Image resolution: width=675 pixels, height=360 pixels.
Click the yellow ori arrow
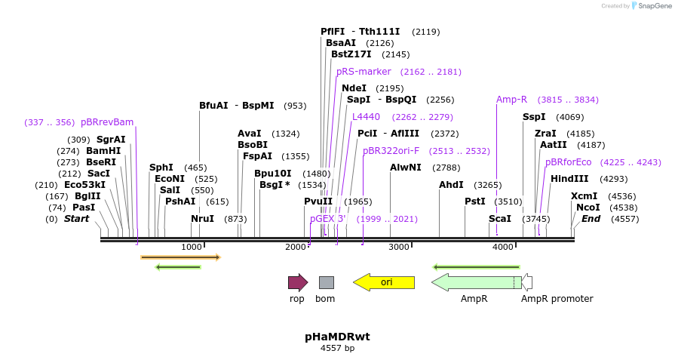[x=384, y=282]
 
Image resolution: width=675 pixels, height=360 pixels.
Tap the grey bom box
[x=326, y=282]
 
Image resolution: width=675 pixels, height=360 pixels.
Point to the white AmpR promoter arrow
[x=527, y=282]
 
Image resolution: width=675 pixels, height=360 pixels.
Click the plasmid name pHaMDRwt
[x=337, y=337]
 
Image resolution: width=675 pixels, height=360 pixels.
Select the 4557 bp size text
[x=337, y=348]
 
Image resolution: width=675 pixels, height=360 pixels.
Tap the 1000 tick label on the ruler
[x=192, y=247]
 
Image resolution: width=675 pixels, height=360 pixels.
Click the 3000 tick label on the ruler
[x=398, y=247]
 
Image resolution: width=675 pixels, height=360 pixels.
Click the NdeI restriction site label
[x=354, y=88]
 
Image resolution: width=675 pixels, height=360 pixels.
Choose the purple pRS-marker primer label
[x=364, y=72]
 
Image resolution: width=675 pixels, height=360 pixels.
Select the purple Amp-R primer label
[x=511, y=100]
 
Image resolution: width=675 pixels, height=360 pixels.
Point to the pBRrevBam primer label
[x=107, y=122]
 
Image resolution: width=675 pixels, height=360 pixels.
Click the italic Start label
[x=76, y=219]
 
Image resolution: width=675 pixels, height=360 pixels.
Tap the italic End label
[x=591, y=219]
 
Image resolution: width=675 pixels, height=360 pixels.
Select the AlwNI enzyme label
[x=405, y=168]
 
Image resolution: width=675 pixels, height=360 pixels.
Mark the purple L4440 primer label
[x=366, y=117]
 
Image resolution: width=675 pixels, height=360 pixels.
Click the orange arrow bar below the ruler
[x=180, y=257]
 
